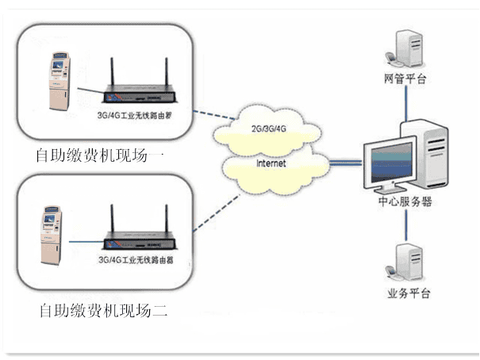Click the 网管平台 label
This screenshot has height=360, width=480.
coord(406,79)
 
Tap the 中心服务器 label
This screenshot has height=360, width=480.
coord(405,202)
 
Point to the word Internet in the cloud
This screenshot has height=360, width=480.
coord(271,163)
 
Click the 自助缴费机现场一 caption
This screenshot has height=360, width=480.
coord(100,155)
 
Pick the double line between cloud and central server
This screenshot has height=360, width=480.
coord(345,163)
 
